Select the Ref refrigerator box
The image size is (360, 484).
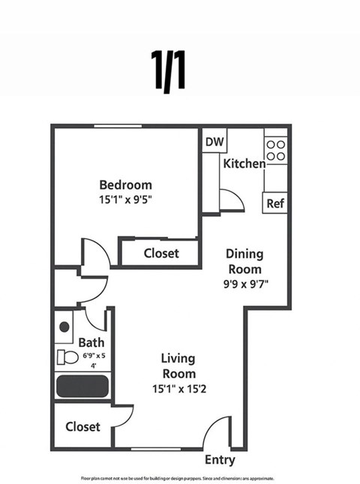274,202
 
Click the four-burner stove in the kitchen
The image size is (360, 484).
275,149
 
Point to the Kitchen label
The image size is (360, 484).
244,163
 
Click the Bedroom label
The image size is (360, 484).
126,184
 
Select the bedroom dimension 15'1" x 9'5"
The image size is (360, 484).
126,199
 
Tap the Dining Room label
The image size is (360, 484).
244,261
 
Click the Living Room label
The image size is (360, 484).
178,366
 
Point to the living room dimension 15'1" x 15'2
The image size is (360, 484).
178,388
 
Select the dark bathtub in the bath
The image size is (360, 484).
82,387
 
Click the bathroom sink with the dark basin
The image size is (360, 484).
64,327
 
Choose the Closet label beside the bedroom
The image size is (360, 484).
161,253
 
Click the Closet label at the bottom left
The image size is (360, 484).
82,426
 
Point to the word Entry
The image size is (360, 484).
220,460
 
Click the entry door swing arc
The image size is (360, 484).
217,433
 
